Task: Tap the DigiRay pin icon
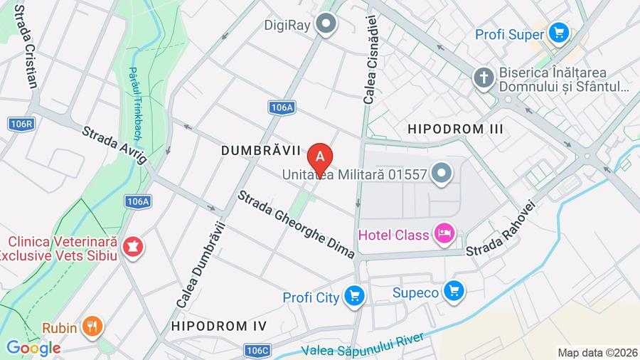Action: (326, 24)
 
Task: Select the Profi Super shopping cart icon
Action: (559, 33)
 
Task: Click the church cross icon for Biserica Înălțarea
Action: (484, 78)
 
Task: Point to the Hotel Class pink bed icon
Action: (444, 235)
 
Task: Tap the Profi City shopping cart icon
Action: (353, 297)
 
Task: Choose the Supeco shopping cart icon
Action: (454, 291)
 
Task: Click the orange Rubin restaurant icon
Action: (92, 327)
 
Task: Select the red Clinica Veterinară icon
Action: (132, 248)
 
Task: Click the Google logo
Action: (33, 348)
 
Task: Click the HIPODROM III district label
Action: (455, 129)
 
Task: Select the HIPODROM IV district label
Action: (219, 326)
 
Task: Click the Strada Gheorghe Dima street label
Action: (296, 224)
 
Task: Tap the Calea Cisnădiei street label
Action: (370, 63)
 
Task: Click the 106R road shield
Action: (21, 124)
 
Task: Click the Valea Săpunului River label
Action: (363, 344)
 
